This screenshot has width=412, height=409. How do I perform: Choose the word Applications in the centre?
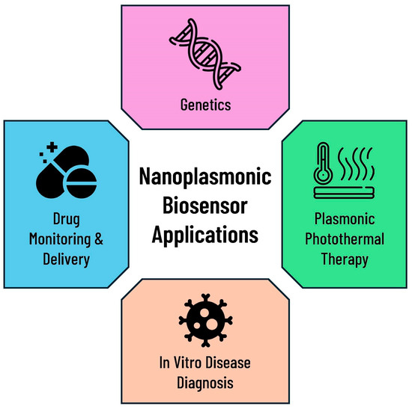point(205,233)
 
